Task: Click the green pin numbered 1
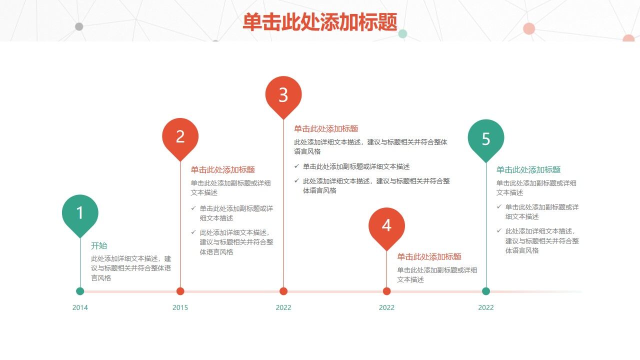pyautogui.click(x=80, y=213)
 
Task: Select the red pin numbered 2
pyautogui.click(x=180, y=136)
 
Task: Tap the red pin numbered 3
pyautogui.click(x=283, y=94)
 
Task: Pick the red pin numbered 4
pyautogui.click(x=386, y=225)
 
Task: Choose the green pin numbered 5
pyautogui.click(x=486, y=138)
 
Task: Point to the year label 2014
pyautogui.click(x=80, y=307)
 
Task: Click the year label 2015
pyautogui.click(x=180, y=307)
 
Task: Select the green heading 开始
pyautogui.click(x=99, y=245)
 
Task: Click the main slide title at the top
pyautogui.click(x=320, y=22)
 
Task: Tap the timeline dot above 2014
pyautogui.click(x=80, y=291)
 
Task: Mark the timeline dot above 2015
pyautogui.click(x=180, y=291)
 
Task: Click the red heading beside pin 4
pyautogui.click(x=429, y=256)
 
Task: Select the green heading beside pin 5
pyautogui.click(x=528, y=169)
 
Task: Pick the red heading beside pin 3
pyautogui.click(x=326, y=128)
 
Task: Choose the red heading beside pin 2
pyautogui.click(x=222, y=169)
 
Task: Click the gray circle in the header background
pyautogui.click(x=79, y=26)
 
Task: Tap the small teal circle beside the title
pyautogui.click(x=402, y=34)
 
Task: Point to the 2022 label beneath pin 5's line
pyautogui.click(x=486, y=307)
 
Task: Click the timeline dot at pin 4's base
pyautogui.click(x=386, y=291)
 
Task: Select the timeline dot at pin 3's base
pyautogui.click(x=283, y=291)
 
